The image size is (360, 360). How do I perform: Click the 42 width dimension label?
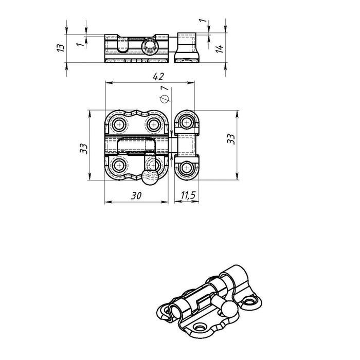(158, 77)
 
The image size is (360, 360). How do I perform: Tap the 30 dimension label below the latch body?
(136, 195)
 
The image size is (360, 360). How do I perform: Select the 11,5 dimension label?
(188, 195)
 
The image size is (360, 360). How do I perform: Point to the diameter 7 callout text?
(165, 94)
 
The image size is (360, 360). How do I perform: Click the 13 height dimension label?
(61, 47)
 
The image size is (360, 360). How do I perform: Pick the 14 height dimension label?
(220, 49)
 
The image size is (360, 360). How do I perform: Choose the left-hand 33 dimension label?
(83, 149)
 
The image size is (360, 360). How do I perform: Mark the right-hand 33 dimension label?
(231, 139)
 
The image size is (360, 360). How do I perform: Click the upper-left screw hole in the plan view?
(119, 125)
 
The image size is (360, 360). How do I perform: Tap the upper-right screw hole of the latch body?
(153, 125)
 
